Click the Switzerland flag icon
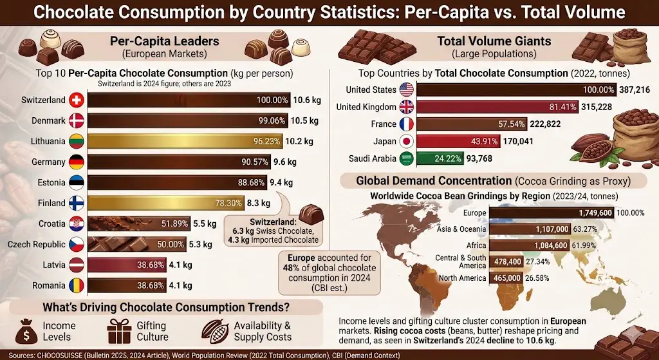76,100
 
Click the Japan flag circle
407,141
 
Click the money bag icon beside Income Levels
23,331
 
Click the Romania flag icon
76,285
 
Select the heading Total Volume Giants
494,41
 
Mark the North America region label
462,278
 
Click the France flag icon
407,124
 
